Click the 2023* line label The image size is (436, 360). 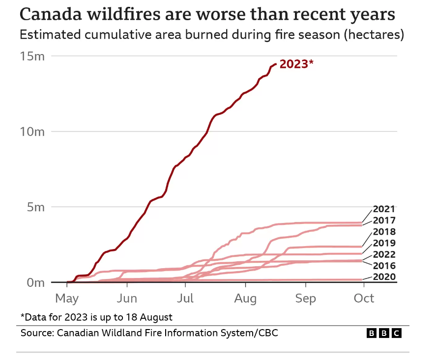296,64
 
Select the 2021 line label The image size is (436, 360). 384,209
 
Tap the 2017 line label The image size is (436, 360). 384,220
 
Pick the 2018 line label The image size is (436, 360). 384,232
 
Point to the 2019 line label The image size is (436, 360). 384,243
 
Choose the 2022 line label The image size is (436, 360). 384,254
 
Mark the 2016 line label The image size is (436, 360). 384,266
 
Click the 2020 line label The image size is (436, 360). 384,277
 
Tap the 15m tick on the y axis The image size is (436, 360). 32,56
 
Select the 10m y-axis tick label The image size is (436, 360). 32,132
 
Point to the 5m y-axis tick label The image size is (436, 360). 35,207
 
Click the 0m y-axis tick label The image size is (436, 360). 35,282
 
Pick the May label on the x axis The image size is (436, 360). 67,298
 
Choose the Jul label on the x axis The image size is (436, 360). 185,298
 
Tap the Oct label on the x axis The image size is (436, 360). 364,298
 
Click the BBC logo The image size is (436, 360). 384,333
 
